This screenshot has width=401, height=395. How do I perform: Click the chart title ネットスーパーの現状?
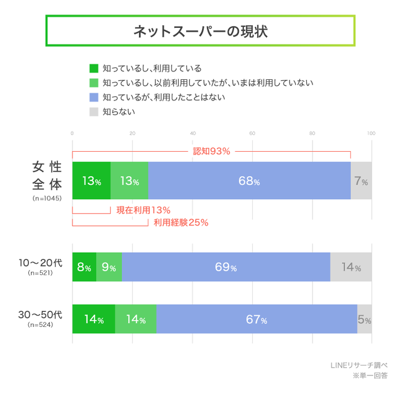point(200,31)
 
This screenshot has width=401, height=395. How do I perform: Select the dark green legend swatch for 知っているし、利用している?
point(94,68)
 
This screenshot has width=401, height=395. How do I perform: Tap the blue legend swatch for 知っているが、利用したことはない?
point(94,97)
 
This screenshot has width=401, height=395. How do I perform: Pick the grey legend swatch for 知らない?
point(94,112)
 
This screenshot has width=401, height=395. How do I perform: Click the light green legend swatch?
point(94,83)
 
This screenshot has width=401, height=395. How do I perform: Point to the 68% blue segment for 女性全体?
point(249,181)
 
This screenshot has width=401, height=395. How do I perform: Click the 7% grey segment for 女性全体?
point(361,181)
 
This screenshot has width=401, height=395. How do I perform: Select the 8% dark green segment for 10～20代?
point(84,267)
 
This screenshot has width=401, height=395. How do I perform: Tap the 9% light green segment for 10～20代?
point(109,267)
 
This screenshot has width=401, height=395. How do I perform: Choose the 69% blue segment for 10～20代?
point(226,267)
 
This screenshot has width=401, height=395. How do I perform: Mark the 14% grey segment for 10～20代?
point(351,267)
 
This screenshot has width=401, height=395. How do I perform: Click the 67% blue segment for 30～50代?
point(256,320)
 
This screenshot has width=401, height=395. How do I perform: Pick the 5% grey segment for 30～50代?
point(364,320)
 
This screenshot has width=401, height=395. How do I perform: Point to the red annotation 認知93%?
point(211,151)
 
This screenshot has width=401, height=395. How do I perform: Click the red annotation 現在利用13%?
point(143,210)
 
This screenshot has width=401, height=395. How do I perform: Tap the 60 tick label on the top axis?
point(252,133)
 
